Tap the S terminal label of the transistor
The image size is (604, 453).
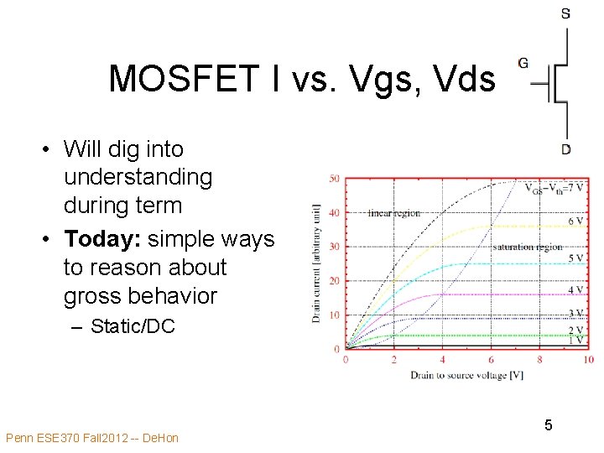click(566, 13)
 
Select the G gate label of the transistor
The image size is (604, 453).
click(523, 63)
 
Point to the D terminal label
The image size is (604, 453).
click(567, 149)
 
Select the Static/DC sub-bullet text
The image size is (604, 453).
click(133, 326)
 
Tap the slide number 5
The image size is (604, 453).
click(548, 425)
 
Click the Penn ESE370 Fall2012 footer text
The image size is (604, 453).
click(91, 438)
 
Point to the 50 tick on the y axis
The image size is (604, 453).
click(334, 179)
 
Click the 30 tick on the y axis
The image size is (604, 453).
click(334, 247)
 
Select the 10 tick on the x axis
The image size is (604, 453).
click(588, 360)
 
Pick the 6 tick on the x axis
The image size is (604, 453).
click(492, 360)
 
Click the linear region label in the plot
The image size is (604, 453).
click(393, 212)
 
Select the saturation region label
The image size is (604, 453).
click(528, 247)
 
